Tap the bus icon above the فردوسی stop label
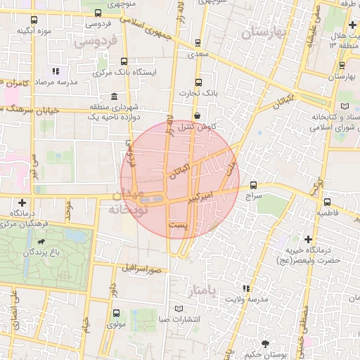97,13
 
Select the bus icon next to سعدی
198,42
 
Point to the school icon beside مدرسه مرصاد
56,72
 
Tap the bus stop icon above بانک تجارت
198,82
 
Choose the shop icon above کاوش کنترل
197,115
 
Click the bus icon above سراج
253,186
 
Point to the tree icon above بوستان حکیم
264,343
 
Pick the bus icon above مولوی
116,313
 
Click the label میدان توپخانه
126,201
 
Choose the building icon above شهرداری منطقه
113,96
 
